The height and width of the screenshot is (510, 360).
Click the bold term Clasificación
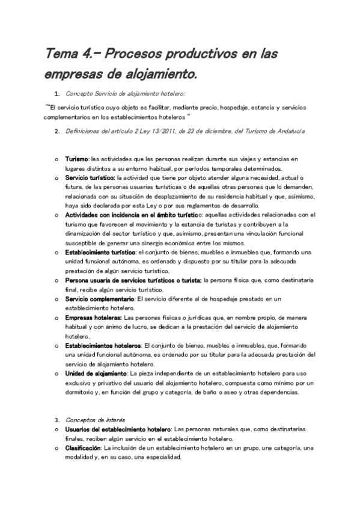[83, 447]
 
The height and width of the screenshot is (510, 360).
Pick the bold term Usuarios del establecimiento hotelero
[118, 429]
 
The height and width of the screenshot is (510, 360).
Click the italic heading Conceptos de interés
[91, 419]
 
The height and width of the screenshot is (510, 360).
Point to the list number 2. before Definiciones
[56, 131]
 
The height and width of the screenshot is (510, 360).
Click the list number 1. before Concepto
[56, 94]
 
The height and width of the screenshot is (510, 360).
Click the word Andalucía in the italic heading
[290, 131]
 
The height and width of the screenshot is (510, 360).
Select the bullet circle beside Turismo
[56, 159]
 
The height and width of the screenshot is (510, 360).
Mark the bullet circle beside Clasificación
[56, 448]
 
